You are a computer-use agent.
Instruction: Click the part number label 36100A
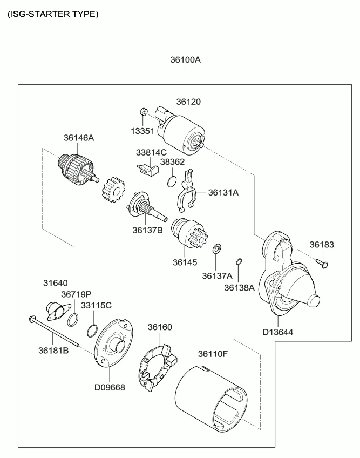coord(186,59)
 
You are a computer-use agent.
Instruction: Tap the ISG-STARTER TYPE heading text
coord(53,14)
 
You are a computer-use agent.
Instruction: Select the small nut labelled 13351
coord(143,111)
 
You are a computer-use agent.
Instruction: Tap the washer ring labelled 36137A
coord(216,248)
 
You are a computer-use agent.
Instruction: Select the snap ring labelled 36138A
coord(239,262)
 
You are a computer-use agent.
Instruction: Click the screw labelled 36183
coord(322,263)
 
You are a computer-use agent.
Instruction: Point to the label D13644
coord(277,332)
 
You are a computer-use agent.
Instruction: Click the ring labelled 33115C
coord(92,331)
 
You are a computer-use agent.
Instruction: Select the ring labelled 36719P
coord(72,320)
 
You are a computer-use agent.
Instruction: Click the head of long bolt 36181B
coord(32,319)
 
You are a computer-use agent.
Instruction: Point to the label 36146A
coord(79,138)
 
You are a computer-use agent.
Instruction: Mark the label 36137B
coord(147,230)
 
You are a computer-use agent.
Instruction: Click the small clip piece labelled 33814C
coord(148,169)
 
